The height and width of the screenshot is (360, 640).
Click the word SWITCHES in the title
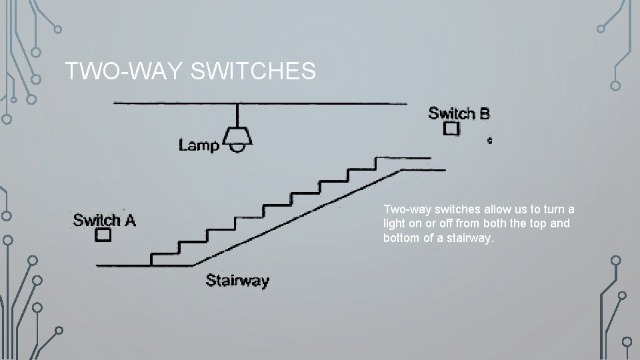click(253, 71)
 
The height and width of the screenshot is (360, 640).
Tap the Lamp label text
click(199, 144)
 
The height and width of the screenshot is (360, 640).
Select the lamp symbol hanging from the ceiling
click(237, 138)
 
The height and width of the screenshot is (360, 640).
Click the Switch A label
click(104, 220)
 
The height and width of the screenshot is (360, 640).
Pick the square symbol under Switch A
click(103, 235)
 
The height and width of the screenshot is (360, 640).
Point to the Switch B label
click(459, 113)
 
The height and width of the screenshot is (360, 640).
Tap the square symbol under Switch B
click(452, 129)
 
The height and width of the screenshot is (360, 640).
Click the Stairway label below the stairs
click(237, 280)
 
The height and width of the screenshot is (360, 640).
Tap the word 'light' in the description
click(395, 223)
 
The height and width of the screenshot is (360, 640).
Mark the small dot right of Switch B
click(490, 141)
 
